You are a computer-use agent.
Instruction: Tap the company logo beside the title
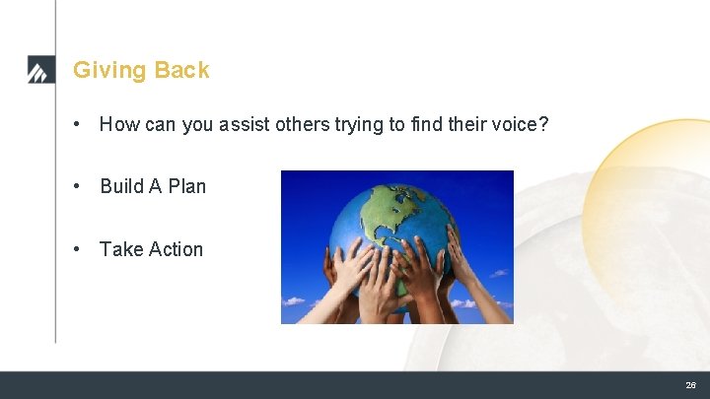click(x=40, y=71)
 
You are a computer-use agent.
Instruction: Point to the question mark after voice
click(x=543, y=124)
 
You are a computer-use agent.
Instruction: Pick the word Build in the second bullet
click(x=121, y=186)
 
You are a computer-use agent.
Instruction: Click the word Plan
click(x=187, y=186)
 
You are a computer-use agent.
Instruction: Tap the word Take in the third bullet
click(x=120, y=249)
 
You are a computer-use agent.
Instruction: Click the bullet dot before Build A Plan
click(x=78, y=187)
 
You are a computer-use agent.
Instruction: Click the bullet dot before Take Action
click(x=78, y=250)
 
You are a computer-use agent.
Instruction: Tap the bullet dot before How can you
click(x=78, y=125)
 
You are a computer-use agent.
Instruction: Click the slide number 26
click(x=690, y=385)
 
